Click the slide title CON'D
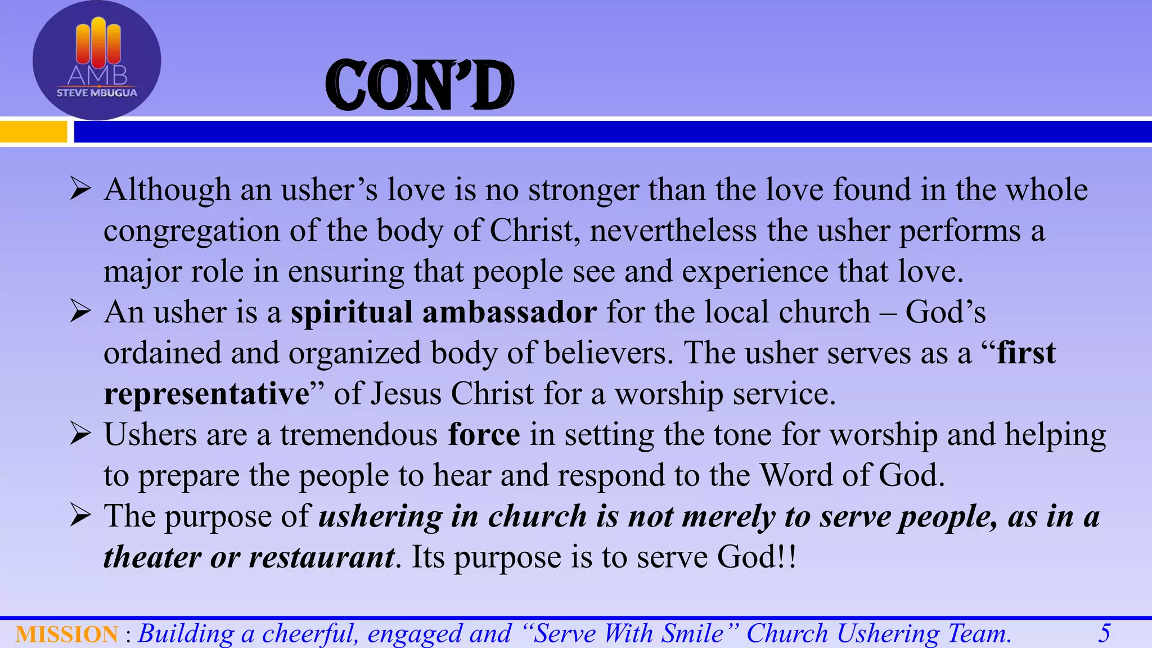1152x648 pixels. click(x=420, y=85)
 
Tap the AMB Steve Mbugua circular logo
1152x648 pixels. click(x=97, y=60)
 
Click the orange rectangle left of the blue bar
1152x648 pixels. click(x=33, y=132)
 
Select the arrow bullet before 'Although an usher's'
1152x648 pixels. click(x=80, y=189)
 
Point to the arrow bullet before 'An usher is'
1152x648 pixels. click(x=80, y=312)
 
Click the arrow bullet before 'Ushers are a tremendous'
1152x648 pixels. click(x=80, y=434)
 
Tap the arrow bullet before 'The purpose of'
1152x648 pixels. click(x=80, y=516)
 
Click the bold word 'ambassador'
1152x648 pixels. click(x=509, y=312)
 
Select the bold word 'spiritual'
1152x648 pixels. click(x=352, y=313)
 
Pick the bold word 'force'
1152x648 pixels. click(x=484, y=435)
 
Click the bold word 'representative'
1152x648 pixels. click(x=206, y=394)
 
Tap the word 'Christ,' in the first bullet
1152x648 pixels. click(x=535, y=231)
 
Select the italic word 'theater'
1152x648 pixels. click(x=152, y=557)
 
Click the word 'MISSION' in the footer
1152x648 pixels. click(x=66, y=634)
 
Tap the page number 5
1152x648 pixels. click(x=1104, y=633)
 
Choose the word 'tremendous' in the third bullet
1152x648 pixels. click(x=358, y=435)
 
